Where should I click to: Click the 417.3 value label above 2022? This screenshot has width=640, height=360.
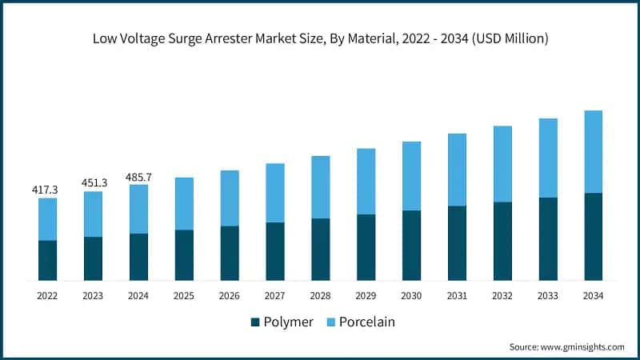click(x=47, y=190)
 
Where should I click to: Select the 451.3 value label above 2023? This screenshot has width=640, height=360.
click(x=93, y=183)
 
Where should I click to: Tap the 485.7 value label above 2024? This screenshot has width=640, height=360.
click(x=138, y=176)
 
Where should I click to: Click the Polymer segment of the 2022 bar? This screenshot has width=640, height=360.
click(x=47, y=260)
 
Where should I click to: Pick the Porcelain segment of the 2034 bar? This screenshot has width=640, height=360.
click(x=593, y=152)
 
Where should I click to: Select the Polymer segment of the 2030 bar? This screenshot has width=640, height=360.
click(x=411, y=245)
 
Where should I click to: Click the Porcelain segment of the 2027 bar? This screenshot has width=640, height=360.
click(x=274, y=193)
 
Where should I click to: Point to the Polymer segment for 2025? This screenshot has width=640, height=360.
click(x=184, y=255)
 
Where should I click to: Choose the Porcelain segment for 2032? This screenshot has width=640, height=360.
click(x=502, y=164)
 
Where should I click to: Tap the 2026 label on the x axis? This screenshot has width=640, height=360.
click(x=229, y=296)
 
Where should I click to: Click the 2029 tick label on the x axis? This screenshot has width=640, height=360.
click(x=366, y=296)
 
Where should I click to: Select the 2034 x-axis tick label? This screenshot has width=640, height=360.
click(x=593, y=296)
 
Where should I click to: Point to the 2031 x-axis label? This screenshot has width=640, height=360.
click(x=457, y=296)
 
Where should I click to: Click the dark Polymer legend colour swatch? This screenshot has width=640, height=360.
click(x=255, y=322)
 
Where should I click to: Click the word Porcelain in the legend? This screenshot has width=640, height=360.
click(x=367, y=322)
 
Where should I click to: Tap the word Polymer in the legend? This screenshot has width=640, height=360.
click(x=288, y=322)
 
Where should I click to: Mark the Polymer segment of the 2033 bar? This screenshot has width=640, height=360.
click(x=548, y=238)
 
